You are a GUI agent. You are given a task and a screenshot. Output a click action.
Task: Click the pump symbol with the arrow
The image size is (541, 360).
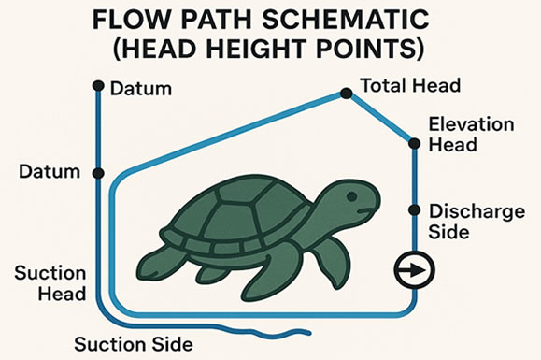point(411,272)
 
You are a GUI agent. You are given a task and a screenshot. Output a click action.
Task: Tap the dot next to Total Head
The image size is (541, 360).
point(346,93)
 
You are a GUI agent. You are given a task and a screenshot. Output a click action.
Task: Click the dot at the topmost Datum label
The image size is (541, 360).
point(97,86)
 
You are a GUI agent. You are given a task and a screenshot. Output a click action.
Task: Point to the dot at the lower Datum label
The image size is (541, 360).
point(97,173)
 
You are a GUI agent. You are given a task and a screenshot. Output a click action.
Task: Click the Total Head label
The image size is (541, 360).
point(411,86)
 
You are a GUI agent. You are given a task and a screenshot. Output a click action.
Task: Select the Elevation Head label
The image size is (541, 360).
point(458,135)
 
